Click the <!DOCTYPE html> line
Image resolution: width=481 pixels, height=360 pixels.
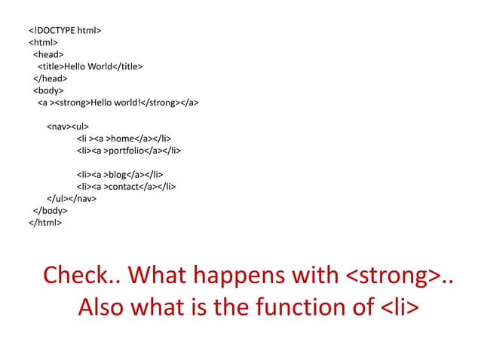pos(65,31)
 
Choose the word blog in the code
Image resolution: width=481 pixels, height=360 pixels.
pos(118,175)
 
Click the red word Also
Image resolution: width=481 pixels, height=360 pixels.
pos(106,308)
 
